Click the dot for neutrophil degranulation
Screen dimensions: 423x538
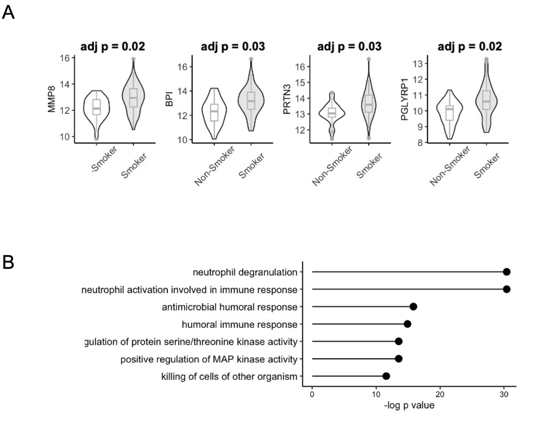point(507,272)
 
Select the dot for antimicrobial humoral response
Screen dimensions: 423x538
point(413,306)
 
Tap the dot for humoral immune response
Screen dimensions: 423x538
point(407,324)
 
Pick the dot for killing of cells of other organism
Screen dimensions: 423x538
point(386,376)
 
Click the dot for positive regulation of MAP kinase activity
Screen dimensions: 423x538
point(399,359)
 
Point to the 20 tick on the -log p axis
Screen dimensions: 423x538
point(440,394)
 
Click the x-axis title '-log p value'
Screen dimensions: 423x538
point(409,405)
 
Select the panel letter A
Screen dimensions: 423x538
point(8,13)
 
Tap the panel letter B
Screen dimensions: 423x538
point(8,262)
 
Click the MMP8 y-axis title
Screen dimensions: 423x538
point(51,99)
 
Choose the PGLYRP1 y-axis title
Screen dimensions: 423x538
point(404,99)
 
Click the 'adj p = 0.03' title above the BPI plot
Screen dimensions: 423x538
point(233,46)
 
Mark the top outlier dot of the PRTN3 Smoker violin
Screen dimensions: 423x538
point(369,59)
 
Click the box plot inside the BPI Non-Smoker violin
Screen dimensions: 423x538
point(214,112)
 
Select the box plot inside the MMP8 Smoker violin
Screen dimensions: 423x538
point(133,97)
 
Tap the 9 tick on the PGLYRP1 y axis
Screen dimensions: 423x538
point(420,127)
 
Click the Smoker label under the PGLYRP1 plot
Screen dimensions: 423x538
point(487,165)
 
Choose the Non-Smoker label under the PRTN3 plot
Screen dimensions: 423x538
point(332,166)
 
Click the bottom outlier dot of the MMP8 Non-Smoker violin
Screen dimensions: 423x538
point(97,139)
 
